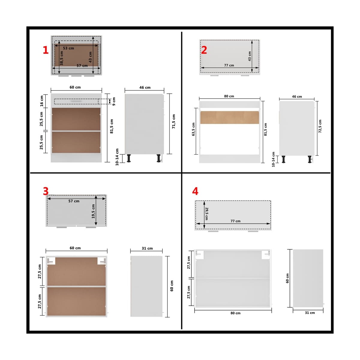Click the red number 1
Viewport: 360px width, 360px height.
coord(46,50)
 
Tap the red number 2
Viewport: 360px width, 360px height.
coord(204,50)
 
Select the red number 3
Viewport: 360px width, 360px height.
coord(46,191)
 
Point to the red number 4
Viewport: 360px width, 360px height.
coord(195,191)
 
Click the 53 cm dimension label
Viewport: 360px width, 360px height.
coord(68,48)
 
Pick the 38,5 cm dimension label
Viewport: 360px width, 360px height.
coord(61,58)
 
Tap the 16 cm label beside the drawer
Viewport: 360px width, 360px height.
coord(41,101)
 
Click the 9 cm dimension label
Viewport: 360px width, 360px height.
coord(114,101)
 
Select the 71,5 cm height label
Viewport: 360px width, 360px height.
coord(174,121)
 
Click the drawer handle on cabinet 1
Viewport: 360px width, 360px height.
coord(76,101)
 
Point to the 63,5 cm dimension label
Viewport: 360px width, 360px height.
coord(193,129)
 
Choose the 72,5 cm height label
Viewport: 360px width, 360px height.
coord(320,126)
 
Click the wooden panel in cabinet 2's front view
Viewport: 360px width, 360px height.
coord(229,118)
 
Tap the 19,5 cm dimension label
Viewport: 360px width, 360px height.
coord(93,211)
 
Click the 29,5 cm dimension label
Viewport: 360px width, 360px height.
coord(206,213)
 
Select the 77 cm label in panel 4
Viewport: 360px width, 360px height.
coord(235,221)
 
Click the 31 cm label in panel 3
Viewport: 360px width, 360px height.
coord(147,248)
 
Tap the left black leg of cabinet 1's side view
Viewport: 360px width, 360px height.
coord(129,158)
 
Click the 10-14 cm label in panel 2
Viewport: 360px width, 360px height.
coord(273,159)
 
